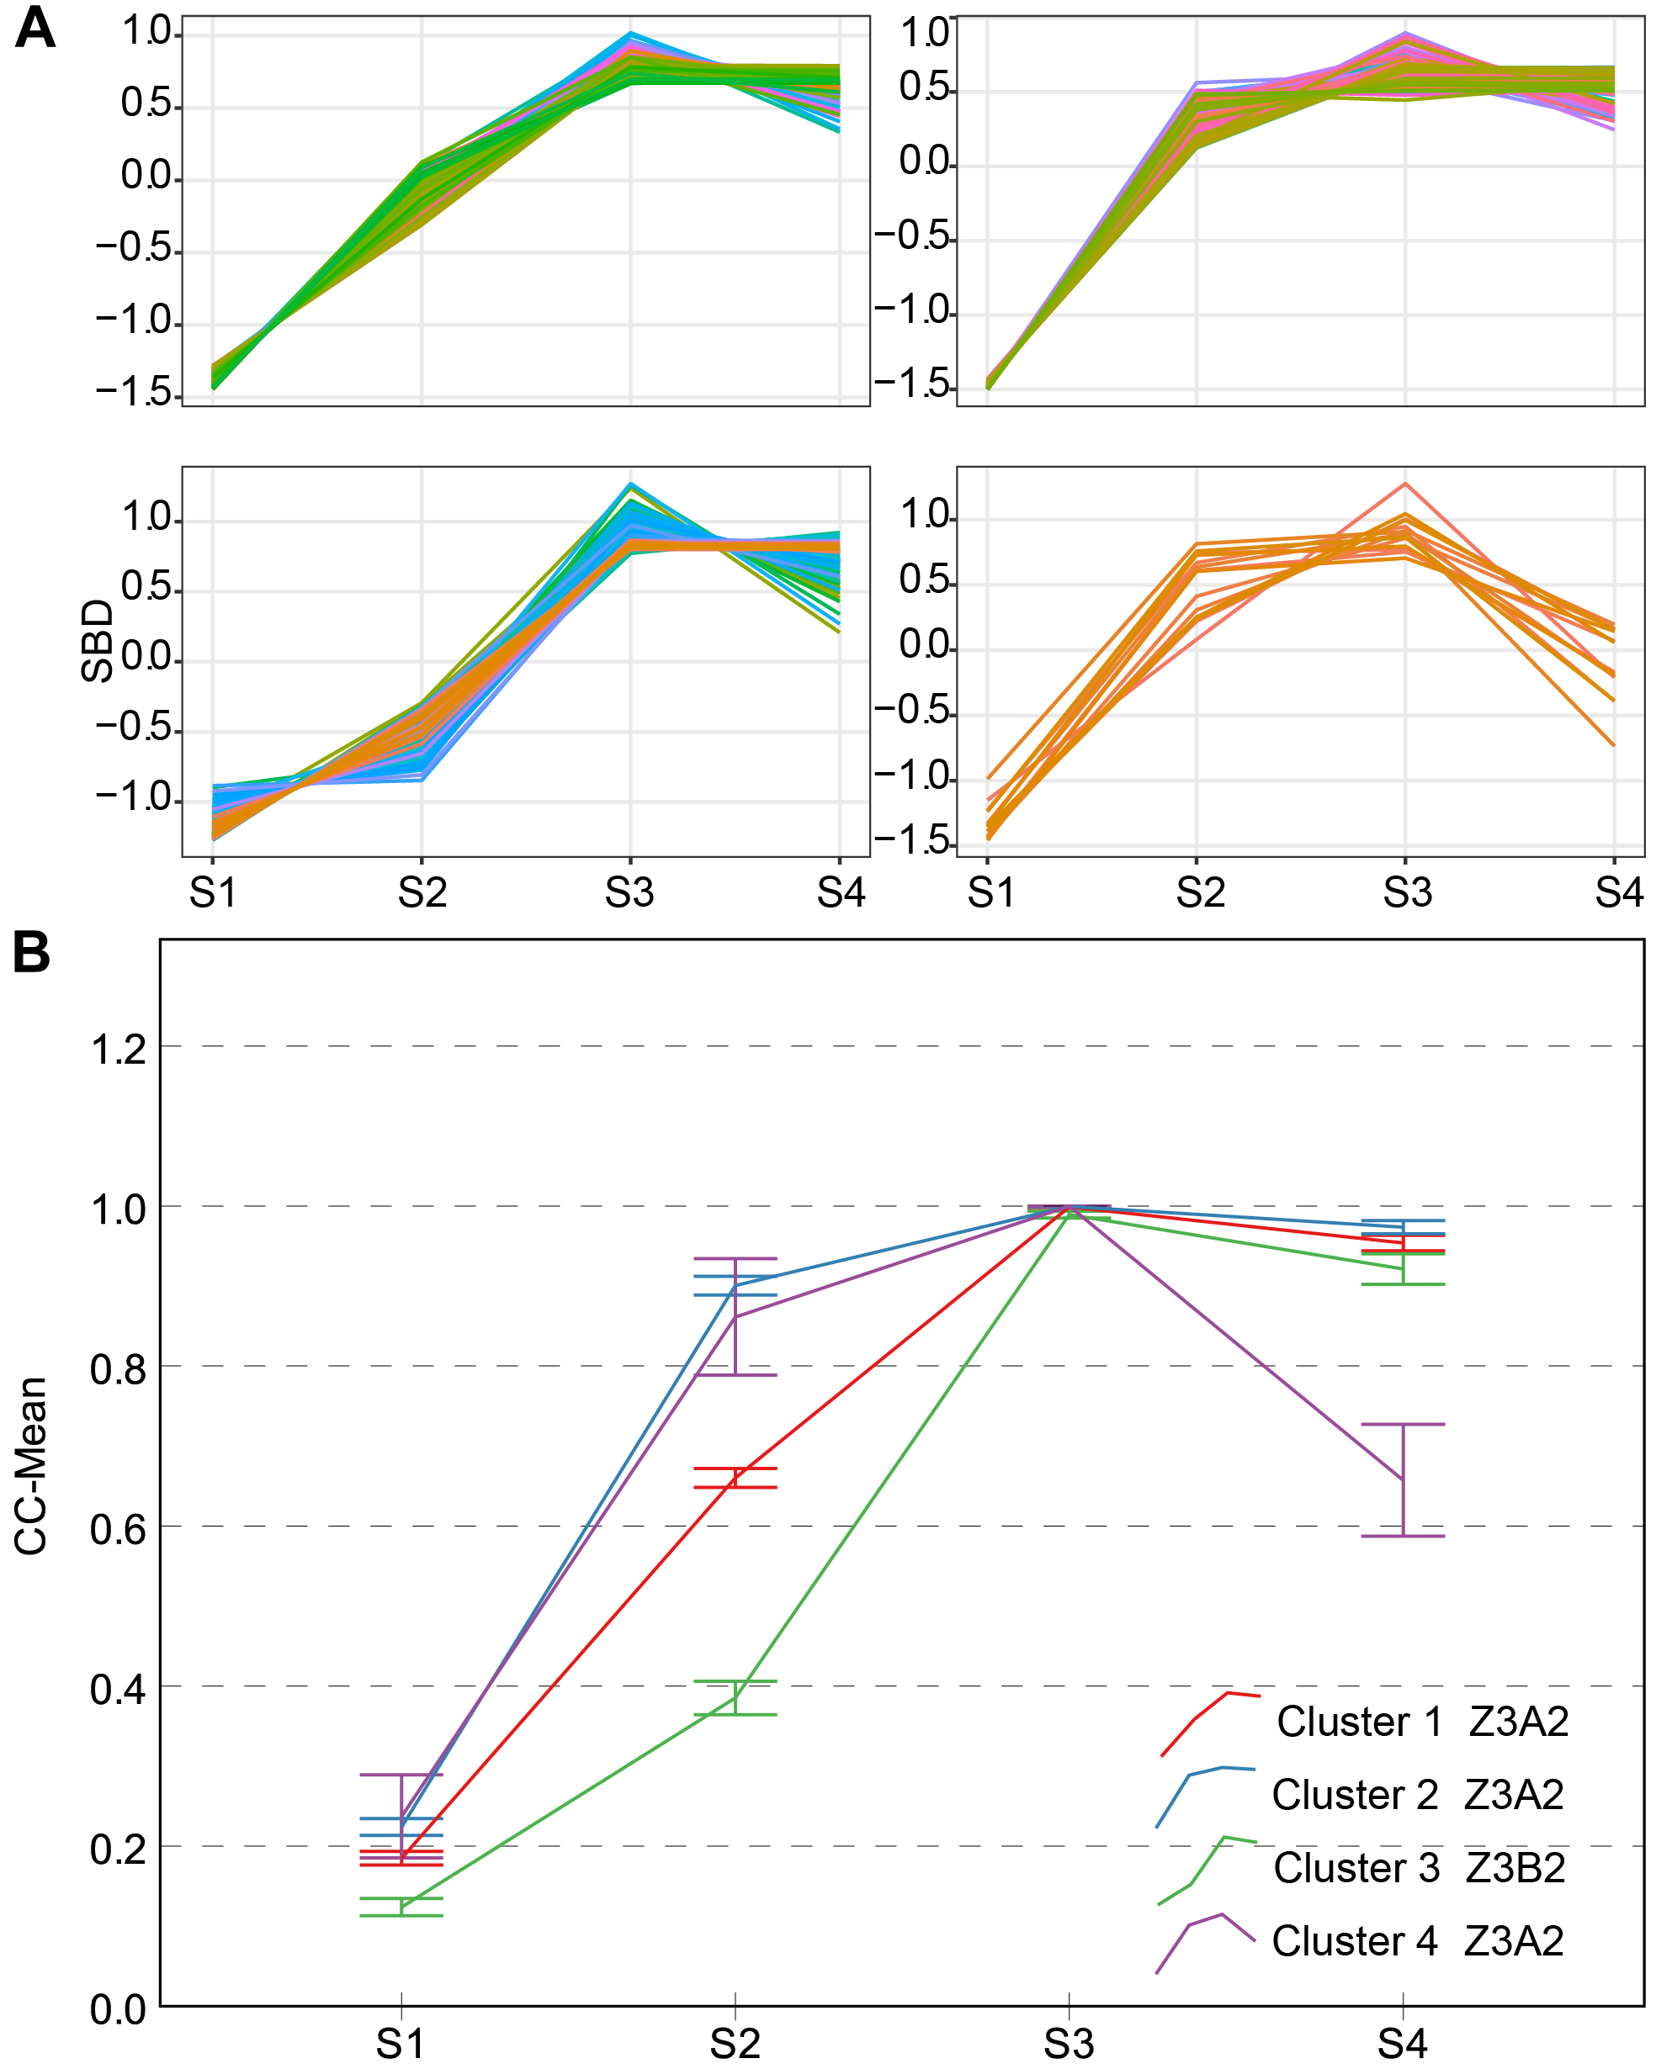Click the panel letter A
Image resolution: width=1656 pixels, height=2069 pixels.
click(34, 28)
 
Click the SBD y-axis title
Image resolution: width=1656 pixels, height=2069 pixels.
click(97, 641)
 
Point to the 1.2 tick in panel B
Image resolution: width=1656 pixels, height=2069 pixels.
click(119, 1050)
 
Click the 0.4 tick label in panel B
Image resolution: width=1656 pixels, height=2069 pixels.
click(119, 1690)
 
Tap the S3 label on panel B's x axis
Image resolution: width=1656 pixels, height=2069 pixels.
click(1069, 2044)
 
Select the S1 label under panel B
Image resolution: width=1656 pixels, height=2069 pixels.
click(401, 2044)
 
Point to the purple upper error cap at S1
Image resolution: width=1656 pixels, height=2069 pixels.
click(401, 1775)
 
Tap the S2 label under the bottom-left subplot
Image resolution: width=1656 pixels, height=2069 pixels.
click(422, 893)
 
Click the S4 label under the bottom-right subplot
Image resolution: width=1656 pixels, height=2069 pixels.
click(1619, 893)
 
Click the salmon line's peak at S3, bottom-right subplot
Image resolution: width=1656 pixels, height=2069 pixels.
click(1405, 484)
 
